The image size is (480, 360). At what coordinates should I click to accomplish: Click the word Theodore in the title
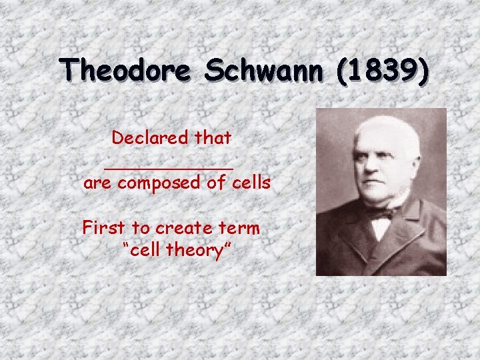click(125, 69)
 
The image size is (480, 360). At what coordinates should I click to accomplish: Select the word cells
click(251, 183)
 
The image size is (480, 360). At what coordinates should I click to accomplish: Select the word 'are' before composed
click(98, 183)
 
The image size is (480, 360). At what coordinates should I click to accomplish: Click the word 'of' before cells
click(215, 183)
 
